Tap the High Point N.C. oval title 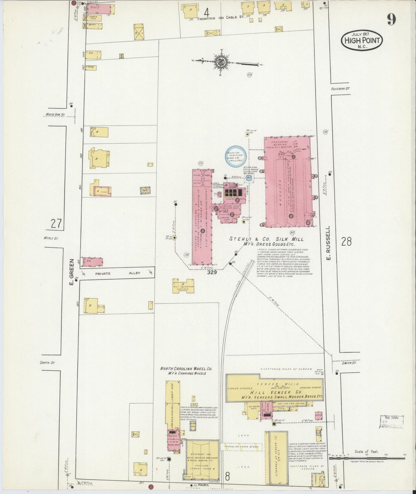362,40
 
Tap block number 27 56,224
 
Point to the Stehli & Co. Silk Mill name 266,239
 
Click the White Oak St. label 55,114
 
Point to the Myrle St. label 51,238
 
